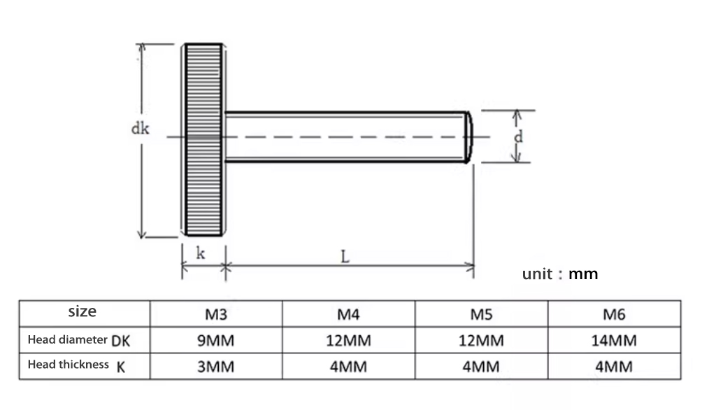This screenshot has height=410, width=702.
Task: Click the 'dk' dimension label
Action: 140,129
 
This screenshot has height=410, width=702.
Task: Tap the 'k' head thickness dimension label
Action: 201,253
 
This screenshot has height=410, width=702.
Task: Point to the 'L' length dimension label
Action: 345,257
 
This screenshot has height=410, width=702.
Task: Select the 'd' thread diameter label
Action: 518,137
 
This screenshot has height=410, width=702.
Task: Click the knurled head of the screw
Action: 203,140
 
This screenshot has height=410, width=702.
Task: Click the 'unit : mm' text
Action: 560,274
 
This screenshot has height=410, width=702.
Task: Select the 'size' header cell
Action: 83,311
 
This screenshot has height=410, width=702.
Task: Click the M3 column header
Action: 216,314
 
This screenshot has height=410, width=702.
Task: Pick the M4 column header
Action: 348,314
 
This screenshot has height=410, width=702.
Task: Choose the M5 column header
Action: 481,314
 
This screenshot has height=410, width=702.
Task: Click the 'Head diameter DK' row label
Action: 79,341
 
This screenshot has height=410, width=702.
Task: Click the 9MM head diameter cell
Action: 216,341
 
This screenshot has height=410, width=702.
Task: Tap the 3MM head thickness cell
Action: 216,367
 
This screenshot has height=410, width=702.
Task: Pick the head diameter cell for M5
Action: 481,341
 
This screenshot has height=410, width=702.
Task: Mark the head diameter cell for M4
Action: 348,341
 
